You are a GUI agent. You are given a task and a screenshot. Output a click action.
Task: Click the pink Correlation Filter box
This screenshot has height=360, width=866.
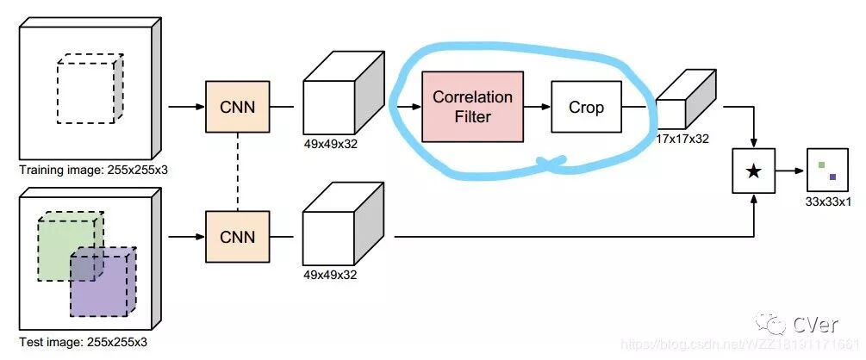472,108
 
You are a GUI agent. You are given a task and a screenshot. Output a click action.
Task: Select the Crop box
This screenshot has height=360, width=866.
586,108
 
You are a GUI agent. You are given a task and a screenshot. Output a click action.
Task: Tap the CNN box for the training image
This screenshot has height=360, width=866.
237,107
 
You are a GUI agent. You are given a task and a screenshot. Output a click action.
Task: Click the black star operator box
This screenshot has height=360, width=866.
754,171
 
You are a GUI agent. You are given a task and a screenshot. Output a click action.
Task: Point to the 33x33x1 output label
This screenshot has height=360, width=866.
828,203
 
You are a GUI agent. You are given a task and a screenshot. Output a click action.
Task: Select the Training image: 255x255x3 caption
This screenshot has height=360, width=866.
93,169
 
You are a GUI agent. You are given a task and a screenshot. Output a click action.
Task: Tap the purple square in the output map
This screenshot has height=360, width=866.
833,177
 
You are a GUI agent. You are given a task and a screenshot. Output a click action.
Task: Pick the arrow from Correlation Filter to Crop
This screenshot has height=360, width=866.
537,108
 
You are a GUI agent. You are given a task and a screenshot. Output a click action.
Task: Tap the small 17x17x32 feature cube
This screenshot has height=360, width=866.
684,103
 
